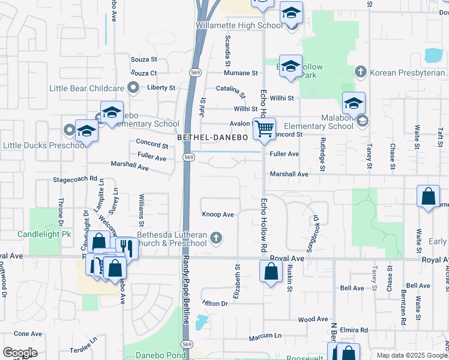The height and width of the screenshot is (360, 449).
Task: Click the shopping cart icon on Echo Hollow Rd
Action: coord(264,128)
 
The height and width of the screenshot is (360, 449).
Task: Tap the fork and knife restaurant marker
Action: coord(127,247)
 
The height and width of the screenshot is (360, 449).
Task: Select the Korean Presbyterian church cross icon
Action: coord(360,73)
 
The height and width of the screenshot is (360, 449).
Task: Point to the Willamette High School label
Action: coord(238,26)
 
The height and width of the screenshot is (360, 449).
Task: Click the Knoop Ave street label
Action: coord(218,214)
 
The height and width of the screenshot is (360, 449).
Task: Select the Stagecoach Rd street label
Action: coord(75,179)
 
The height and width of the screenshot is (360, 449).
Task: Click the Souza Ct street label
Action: coord(143,73)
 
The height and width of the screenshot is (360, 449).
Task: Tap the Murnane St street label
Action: coord(241,73)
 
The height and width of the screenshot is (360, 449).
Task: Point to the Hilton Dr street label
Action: coord(215,304)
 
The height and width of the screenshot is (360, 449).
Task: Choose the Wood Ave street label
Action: coord(313,319)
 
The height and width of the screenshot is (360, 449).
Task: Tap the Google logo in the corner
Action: coord(20,353)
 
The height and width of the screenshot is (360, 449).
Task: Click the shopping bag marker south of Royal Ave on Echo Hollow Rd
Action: coord(271,271)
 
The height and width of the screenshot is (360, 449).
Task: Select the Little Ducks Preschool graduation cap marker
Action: coord(86,132)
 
